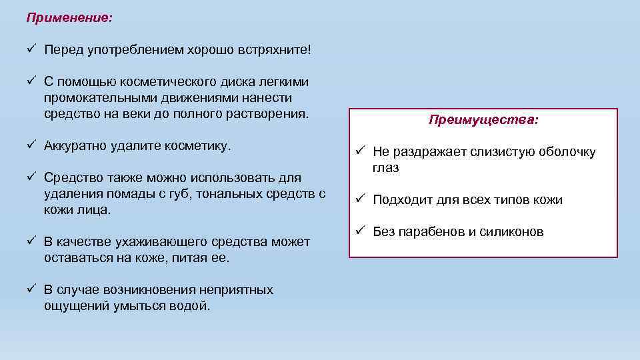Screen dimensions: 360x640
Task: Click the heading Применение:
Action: [69, 17]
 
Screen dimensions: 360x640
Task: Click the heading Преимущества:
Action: [484, 120]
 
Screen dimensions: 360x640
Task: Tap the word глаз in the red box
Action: [386, 168]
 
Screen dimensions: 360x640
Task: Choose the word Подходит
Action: [401, 200]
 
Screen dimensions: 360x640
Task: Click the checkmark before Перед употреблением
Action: [31, 49]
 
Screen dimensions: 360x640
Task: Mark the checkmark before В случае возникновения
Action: [31, 289]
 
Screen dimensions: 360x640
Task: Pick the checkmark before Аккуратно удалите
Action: [31, 145]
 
